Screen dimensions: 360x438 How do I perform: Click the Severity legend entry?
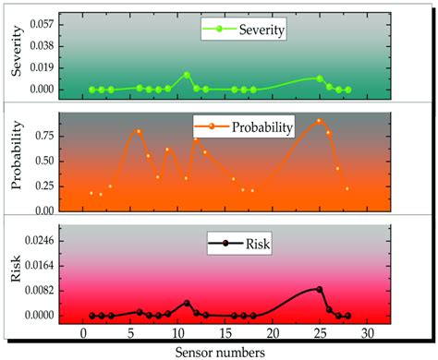(245, 30)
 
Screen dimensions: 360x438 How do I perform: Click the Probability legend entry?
(244, 126)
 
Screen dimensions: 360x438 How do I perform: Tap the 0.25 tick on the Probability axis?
(43, 185)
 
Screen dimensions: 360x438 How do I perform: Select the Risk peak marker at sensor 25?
(320, 289)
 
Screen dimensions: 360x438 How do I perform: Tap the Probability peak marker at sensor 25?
(320, 121)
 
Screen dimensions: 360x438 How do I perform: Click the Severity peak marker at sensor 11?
(187, 75)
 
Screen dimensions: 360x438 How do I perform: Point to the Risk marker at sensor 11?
(187, 303)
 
